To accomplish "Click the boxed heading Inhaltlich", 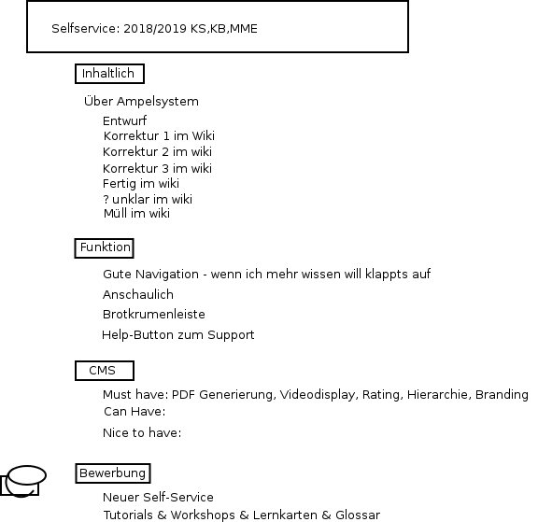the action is pos(109,74).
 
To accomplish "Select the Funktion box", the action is pos(104,248).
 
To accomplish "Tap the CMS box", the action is pos(105,371).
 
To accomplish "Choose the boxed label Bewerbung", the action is pos(112,473).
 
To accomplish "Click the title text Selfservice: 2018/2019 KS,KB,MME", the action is pos(154,28).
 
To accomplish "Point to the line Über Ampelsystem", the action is pos(141,101).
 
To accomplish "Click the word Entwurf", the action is pos(124,120).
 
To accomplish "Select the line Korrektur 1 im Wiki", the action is pos(159,135).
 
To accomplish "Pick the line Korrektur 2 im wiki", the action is pos(157,151).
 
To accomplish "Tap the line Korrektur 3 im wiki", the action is pos(157,168).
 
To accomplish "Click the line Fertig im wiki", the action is pos(141,184).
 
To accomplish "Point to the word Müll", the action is pos(115,213).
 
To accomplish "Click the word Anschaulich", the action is pos(138,294).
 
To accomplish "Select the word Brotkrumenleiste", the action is pos(154,314).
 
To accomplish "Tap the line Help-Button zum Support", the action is pos(178,334).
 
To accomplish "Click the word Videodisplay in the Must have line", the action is pos(319,395).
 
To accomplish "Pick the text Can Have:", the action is pos(134,411).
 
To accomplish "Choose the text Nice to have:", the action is pos(142,433).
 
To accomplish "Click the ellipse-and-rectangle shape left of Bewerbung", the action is pos(23,482).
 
